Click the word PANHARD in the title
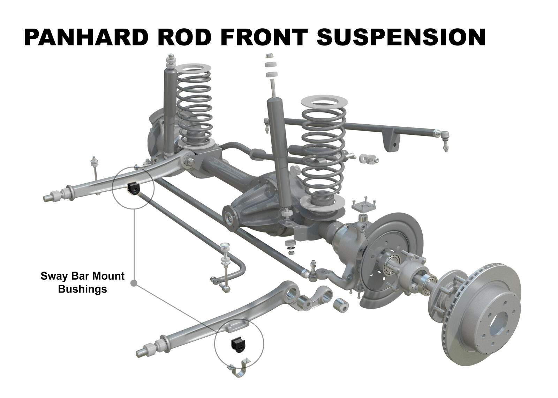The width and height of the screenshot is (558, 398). click(86, 37)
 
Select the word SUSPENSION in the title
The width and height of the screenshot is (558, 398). click(401, 37)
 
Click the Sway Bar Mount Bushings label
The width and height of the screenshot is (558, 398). click(82, 282)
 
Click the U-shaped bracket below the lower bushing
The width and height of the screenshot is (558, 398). click(239, 368)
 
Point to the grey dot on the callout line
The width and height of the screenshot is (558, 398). click(134, 283)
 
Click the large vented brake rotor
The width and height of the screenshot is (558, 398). click(482, 315)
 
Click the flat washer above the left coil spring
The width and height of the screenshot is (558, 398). click(193, 68)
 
